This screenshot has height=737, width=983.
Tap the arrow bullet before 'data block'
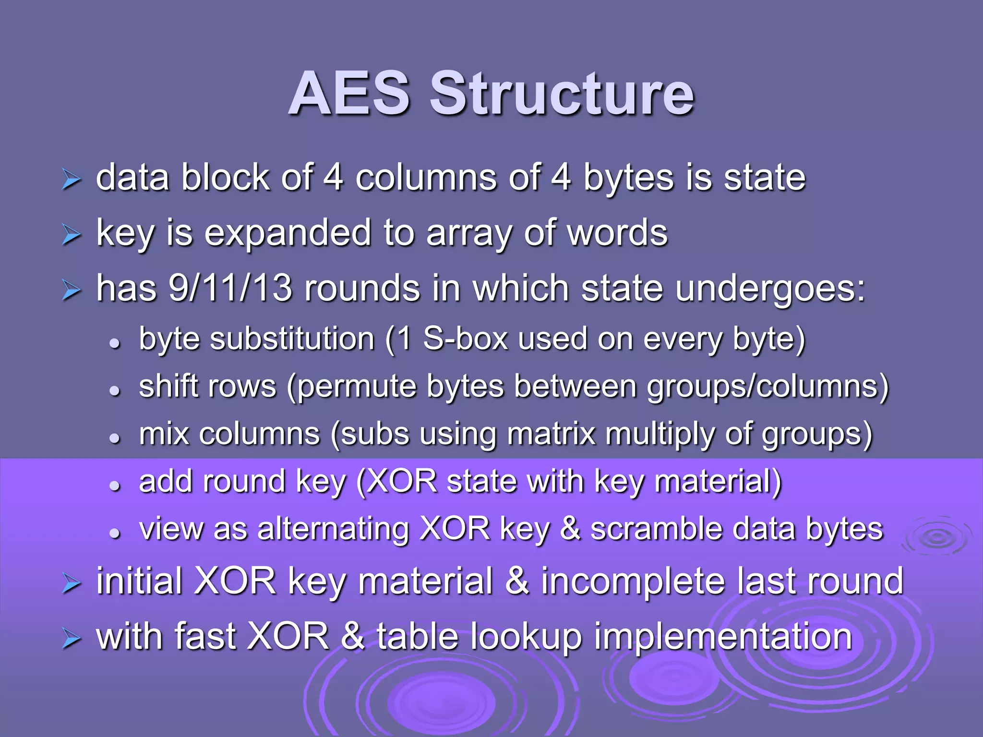tap(72, 181)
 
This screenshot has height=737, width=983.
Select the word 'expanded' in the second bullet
tap(288, 234)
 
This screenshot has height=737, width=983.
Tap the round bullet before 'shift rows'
tap(114, 391)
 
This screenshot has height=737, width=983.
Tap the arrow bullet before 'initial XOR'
tap(72, 584)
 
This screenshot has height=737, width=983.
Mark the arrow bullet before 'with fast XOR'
tap(72, 640)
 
